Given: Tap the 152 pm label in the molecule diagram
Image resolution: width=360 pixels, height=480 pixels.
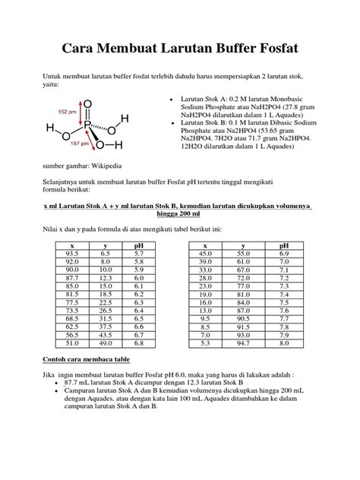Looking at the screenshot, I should click(66, 112).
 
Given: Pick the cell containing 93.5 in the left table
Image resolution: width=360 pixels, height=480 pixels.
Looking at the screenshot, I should click(71, 253).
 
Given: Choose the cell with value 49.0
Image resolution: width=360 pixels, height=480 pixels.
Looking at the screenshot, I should click(105, 343).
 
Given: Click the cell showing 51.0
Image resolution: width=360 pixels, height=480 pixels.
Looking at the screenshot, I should click(71, 343).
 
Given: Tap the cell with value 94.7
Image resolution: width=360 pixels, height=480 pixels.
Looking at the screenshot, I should click(243, 343).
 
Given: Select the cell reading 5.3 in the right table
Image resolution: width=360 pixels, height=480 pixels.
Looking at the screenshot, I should click(204, 343).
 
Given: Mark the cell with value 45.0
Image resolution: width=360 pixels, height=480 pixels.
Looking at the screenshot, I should click(204, 253).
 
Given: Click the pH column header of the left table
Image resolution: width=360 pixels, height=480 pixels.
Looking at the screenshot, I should click(138, 245).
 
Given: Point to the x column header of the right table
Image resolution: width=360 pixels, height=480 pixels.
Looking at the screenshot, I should click(204, 245).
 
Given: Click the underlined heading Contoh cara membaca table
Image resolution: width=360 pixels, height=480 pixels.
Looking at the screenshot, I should click(97, 359).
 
